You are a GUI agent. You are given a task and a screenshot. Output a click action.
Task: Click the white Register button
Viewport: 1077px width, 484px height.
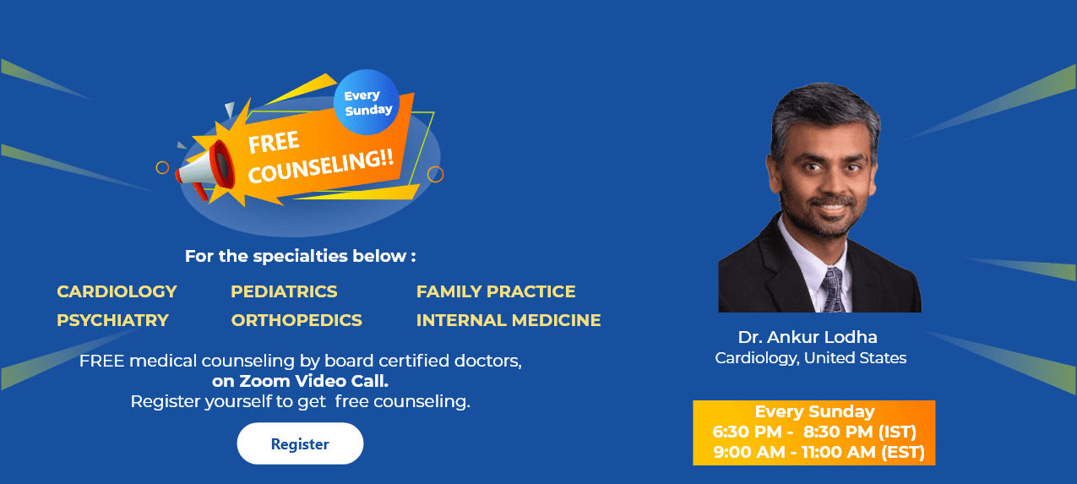click(300, 443)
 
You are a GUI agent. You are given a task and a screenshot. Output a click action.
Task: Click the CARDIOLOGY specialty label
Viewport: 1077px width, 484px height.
click(117, 291)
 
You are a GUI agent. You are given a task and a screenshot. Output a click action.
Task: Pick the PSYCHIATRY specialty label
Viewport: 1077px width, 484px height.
click(112, 320)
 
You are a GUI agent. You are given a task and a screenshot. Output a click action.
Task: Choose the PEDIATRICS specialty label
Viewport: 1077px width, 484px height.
click(284, 291)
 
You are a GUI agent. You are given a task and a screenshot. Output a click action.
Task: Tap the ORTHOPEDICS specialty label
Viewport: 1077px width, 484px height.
click(296, 320)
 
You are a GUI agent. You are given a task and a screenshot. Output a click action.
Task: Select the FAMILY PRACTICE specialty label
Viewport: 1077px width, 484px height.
click(496, 291)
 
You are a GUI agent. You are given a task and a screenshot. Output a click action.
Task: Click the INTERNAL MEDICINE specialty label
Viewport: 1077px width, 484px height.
click(509, 320)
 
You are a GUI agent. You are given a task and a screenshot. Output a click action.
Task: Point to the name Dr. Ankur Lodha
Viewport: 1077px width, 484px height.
click(808, 337)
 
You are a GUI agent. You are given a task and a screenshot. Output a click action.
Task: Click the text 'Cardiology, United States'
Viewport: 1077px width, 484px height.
click(810, 358)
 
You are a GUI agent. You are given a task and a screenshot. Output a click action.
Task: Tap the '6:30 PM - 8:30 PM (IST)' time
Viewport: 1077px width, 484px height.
click(814, 432)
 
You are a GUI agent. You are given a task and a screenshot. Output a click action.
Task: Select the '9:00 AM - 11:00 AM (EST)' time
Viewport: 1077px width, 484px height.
click(819, 452)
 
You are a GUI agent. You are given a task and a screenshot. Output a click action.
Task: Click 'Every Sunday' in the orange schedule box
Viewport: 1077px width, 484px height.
click(814, 411)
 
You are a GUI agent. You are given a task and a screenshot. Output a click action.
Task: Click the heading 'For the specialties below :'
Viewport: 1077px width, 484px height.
click(300, 255)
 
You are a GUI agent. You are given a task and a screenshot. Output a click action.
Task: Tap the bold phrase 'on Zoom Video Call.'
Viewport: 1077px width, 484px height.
click(300, 381)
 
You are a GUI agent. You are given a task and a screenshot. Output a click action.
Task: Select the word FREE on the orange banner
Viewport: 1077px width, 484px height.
click(274, 143)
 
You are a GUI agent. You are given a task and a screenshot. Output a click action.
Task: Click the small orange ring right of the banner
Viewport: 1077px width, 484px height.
click(435, 174)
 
